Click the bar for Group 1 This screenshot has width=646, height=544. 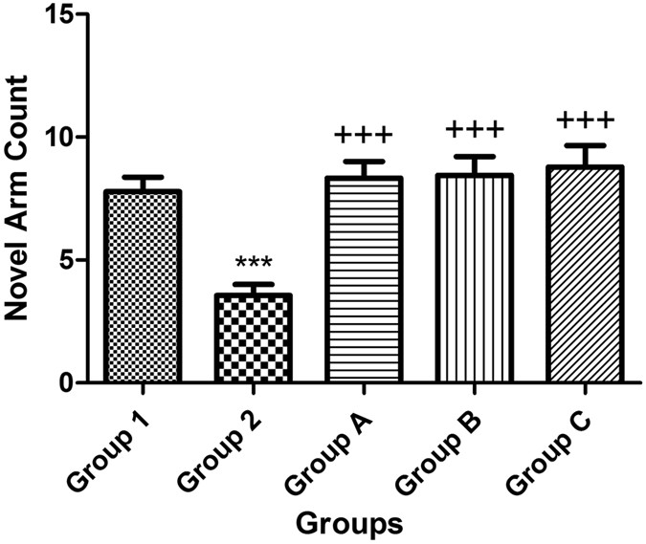coord(144,287)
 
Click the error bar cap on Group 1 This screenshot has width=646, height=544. coord(144,177)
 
